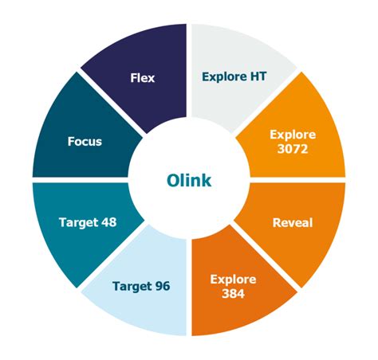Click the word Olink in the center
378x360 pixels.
click(x=189, y=180)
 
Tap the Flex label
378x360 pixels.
click(x=142, y=78)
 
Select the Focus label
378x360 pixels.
click(x=85, y=142)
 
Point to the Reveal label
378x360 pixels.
click(x=292, y=222)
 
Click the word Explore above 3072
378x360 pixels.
click(x=293, y=135)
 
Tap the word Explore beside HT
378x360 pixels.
click(x=226, y=78)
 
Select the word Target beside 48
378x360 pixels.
click(x=78, y=222)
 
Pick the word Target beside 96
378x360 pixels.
click(x=132, y=285)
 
